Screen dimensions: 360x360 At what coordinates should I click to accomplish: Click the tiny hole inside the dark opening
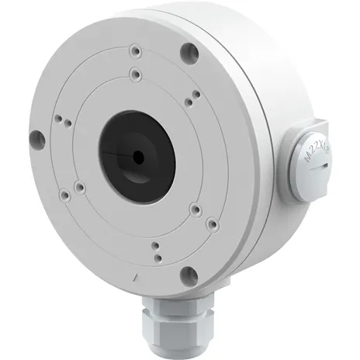(139, 155)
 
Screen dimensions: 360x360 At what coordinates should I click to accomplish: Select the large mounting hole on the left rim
(34, 139)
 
